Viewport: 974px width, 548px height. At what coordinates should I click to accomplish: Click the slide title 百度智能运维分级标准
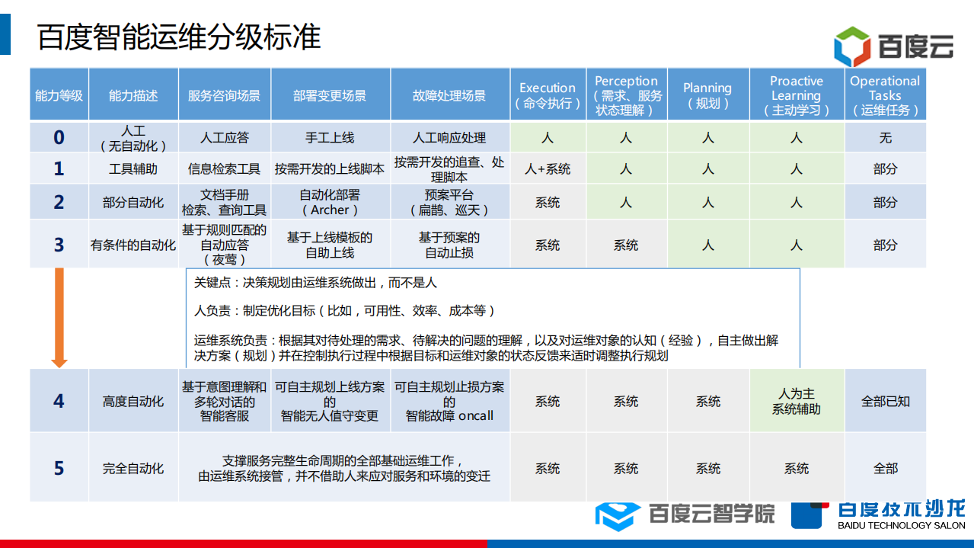click(x=180, y=37)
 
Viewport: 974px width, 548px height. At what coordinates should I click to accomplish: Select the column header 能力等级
click(x=59, y=95)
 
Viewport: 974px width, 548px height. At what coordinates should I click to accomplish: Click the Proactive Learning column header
click(x=796, y=95)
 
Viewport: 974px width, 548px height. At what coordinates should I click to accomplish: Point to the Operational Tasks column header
click(x=885, y=95)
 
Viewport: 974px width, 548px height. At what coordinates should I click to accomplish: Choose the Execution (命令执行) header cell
click(x=547, y=95)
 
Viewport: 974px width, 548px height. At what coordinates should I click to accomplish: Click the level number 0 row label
click(x=59, y=138)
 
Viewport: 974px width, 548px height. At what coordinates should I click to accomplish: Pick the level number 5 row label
click(x=59, y=468)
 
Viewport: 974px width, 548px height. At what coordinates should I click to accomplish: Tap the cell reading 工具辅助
click(x=133, y=168)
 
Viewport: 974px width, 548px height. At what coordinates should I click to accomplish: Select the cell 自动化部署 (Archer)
click(x=330, y=202)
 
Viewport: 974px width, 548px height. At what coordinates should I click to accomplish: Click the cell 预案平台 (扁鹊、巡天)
click(x=449, y=202)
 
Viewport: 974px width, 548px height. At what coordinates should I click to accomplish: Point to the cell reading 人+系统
click(x=547, y=168)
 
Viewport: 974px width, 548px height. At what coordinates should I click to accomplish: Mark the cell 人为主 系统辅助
click(x=796, y=401)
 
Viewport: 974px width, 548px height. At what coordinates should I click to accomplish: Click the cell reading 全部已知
click(x=885, y=401)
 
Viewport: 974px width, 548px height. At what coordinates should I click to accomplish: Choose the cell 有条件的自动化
click(x=133, y=245)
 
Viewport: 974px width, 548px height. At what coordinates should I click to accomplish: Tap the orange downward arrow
click(x=59, y=316)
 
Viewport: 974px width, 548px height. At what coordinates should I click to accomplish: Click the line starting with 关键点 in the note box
click(x=315, y=283)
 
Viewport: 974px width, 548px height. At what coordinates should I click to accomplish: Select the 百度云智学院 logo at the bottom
click(x=684, y=514)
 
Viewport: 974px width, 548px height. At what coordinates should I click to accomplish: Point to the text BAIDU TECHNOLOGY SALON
click(x=901, y=525)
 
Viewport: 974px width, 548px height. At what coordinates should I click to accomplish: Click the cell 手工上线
click(x=330, y=138)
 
